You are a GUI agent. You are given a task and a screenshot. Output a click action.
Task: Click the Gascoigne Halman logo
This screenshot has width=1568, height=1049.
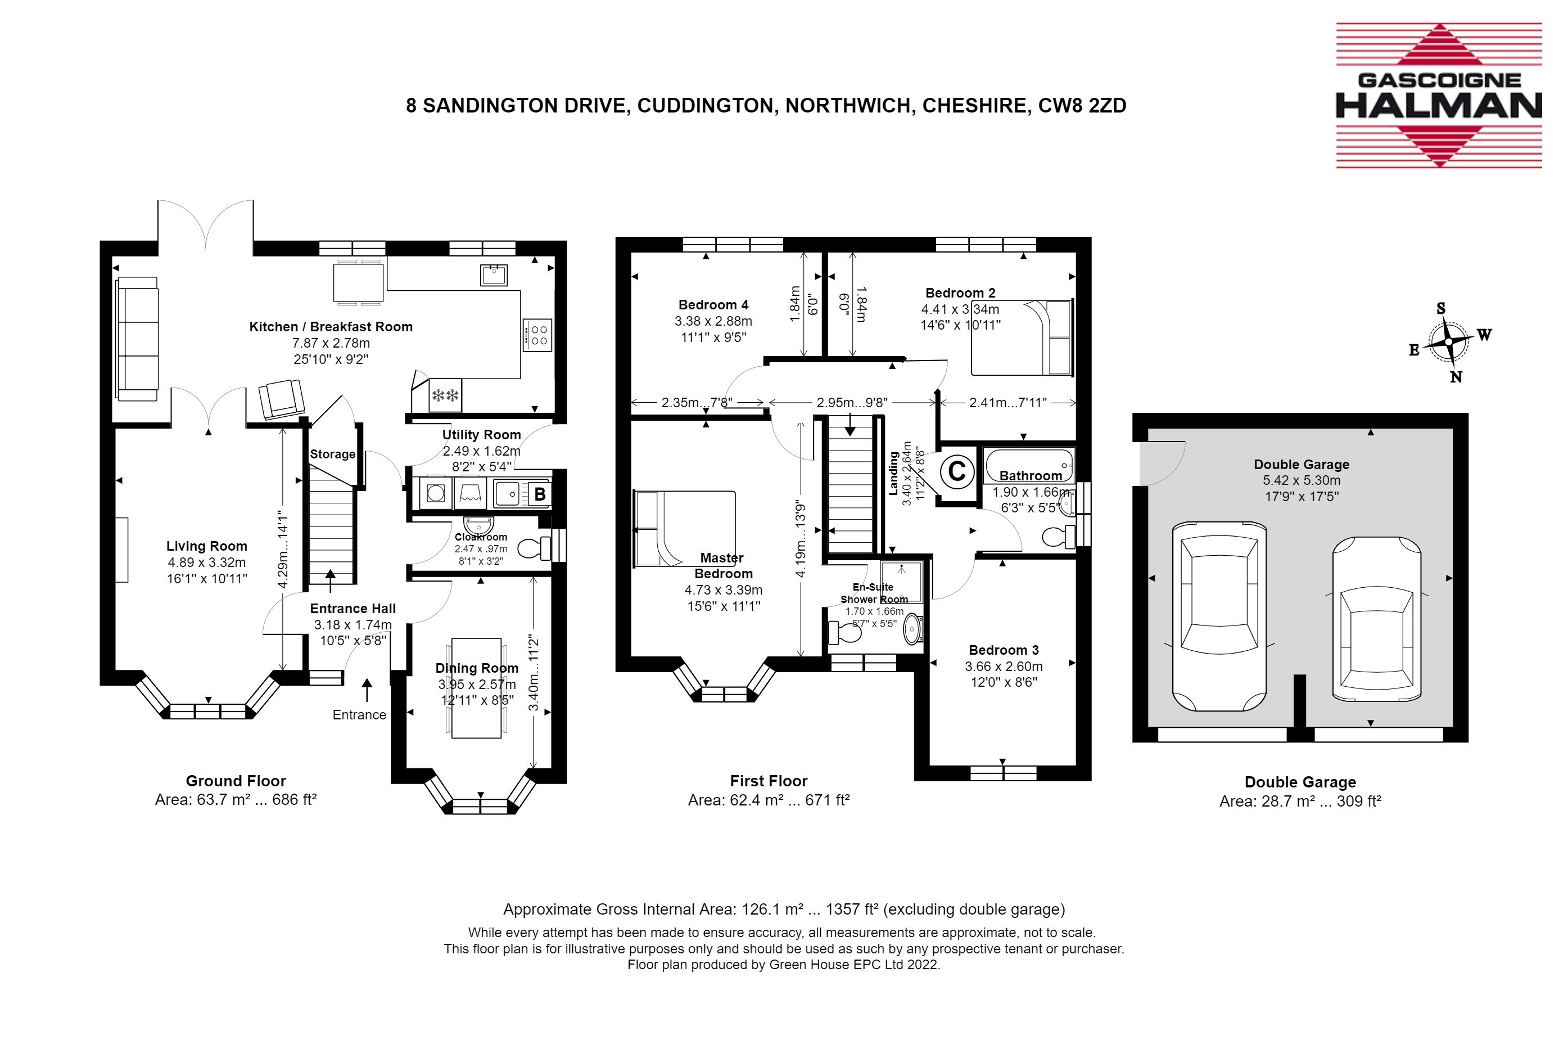pos(1438,95)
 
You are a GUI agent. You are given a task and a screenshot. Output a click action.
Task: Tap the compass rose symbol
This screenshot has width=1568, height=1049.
pos(1448,342)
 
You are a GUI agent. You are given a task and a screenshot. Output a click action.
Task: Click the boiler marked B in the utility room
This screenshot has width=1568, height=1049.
pos(540,494)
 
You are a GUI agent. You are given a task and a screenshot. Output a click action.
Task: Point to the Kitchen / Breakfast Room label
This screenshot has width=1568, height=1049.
pos(331,326)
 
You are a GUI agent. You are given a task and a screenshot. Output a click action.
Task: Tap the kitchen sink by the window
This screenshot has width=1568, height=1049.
pos(494,274)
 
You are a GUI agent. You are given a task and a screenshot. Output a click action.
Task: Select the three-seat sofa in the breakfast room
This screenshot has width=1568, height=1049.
pos(138,339)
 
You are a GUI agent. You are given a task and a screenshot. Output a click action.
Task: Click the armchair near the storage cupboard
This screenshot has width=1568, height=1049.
pos(281,399)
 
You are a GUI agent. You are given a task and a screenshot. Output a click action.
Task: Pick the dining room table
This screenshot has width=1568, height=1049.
pos(477,688)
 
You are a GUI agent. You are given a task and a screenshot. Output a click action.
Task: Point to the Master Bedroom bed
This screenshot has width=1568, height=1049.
pos(684,529)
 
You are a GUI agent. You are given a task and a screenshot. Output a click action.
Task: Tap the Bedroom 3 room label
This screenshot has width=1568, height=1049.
pos(1004,650)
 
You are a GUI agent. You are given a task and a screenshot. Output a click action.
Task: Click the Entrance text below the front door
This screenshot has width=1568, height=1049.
pos(360,714)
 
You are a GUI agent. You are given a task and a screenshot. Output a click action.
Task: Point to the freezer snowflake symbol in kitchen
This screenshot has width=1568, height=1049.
pos(445,395)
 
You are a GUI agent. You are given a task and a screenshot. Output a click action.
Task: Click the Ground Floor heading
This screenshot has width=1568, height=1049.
pos(236,781)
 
